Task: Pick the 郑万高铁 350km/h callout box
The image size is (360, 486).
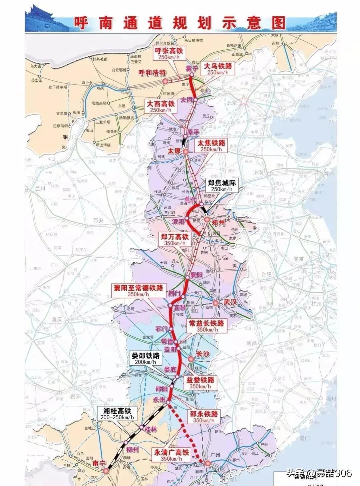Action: point(175,240)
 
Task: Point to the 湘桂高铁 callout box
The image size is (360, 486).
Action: point(115,414)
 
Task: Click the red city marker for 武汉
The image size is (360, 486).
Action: point(216,303)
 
